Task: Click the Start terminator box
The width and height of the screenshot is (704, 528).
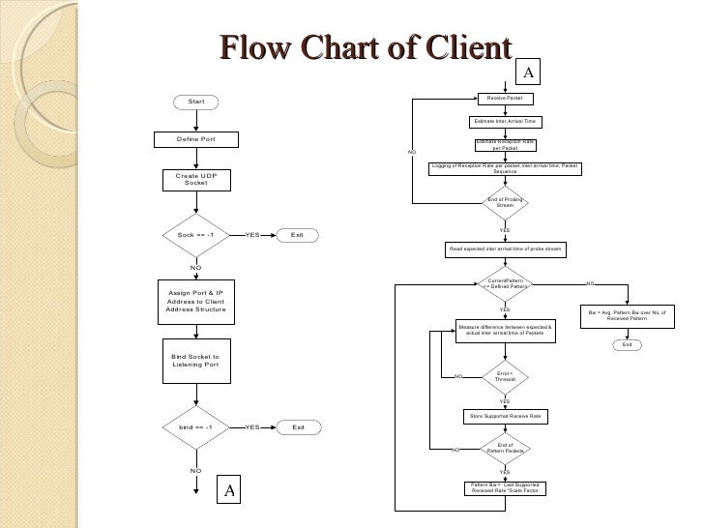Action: pyautogui.click(x=196, y=102)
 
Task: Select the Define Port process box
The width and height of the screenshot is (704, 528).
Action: pyautogui.click(x=195, y=139)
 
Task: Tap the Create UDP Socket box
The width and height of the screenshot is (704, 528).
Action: pyautogui.click(x=195, y=179)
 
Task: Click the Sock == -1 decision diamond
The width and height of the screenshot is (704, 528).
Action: pyautogui.click(x=195, y=235)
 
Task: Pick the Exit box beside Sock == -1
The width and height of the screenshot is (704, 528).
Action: pyautogui.click(x=297, y=235)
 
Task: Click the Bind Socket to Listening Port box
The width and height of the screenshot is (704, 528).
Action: pyautogui.click(x=195, y=361)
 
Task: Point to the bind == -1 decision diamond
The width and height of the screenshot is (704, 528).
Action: pyautogui.click(x=195, y=426)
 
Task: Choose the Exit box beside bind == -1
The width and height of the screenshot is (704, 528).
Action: pyautogui.click(x=298, y=426)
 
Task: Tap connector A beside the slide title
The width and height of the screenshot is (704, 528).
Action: pyautogui.click(x=529, y=73)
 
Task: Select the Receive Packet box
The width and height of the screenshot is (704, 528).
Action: pyautogui.click(x=505, y=99)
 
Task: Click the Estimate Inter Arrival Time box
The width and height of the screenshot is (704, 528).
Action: pyautogui.click(x=505, y=122)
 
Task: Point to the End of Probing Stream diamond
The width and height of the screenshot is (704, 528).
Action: pyautogui.click(x=505, y=202)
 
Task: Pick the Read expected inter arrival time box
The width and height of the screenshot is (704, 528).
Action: pyautogui.click(x=505, y=249)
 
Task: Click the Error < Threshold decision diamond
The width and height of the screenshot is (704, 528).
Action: pyautogui.click(x=505, y=375)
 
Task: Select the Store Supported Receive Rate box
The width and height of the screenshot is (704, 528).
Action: pyautogui.click(x=505, y=416)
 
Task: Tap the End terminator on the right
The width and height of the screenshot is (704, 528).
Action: pyautogui.click(x=627, y=345)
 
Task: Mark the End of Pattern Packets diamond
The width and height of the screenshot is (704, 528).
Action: pyautogui.click(x=505, y=448)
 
